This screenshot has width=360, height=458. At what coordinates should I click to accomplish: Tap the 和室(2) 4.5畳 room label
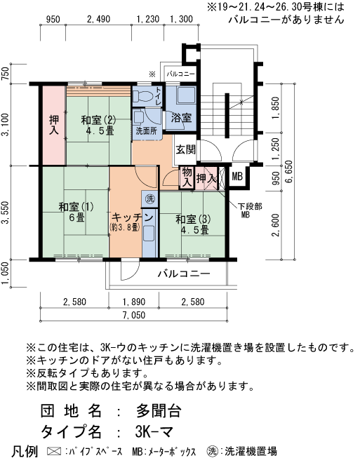point(98,124)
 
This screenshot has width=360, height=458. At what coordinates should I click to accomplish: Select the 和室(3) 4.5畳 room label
point(192,224)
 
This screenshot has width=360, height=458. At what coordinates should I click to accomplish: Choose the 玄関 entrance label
point(186,149)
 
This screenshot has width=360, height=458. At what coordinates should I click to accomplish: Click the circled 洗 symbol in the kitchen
point(150,199)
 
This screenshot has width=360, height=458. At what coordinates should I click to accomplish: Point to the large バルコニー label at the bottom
point(183,274)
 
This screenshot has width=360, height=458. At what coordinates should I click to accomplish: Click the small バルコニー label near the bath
point(180,74)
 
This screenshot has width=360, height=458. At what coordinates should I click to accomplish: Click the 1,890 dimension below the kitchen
point(133,302)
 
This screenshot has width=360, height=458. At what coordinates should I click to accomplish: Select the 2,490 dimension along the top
point(98,19)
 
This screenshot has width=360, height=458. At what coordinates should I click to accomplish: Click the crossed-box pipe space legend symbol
point(53,450)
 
